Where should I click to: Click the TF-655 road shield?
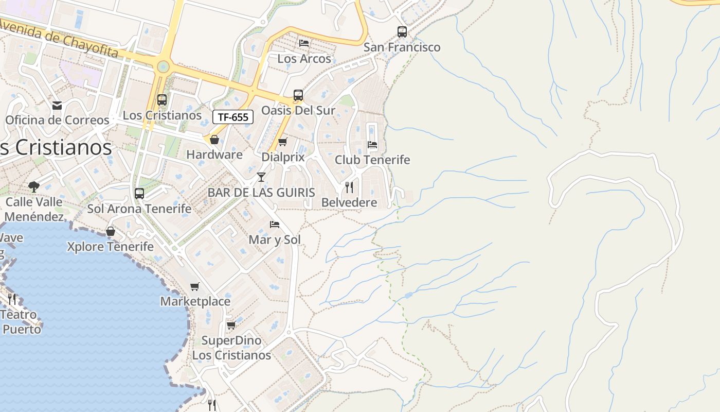(x=233, y=117)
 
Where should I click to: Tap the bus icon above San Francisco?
(x=402, y=32)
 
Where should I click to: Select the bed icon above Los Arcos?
(x=304, y=43)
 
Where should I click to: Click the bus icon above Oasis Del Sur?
(x=298, y=95)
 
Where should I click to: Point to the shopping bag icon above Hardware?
(x=214, y=140)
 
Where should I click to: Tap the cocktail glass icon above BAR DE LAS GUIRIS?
(x=261, y=177)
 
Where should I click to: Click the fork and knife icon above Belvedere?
(x=349, y=187)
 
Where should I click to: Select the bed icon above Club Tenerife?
(x=372, y=145)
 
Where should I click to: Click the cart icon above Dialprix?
(x=282, y=142)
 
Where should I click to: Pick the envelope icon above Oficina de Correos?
(x=57, y=105)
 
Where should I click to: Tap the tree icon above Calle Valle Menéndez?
(x=34, y=186)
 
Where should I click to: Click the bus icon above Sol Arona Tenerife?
(x=139, y=194)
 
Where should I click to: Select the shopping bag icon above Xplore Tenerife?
(x=111, y=231)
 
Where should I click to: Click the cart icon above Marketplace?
(x=195, y=286)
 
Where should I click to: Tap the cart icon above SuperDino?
(x=231, y=325)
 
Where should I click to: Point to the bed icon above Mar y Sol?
(x=275, y=225)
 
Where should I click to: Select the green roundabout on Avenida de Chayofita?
(x=164, y=66)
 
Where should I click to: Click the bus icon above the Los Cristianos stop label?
(x=162, y=100)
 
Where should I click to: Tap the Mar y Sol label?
(x=275, y=239)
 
